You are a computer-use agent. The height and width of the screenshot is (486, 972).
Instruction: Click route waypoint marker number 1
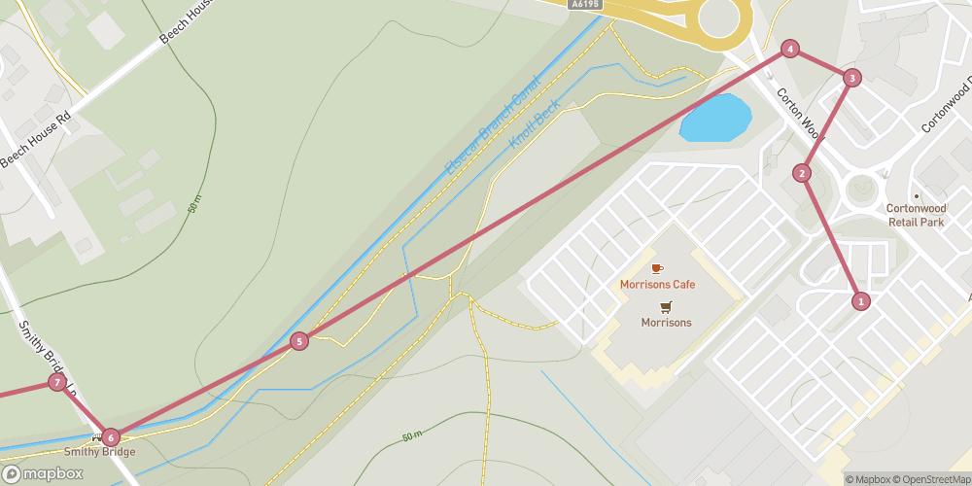click(x=860, y=301)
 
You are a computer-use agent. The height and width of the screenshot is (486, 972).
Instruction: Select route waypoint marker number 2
click(x=802, y=173)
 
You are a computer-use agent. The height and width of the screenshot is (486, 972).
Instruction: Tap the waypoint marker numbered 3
click(x=851, y=78)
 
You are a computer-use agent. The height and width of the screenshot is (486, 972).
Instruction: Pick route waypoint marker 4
click(x=791, y=49)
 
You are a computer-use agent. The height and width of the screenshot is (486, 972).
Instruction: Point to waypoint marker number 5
click(x=298, y=341)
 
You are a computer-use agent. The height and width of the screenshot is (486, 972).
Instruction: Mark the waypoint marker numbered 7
click(x=57, y=382)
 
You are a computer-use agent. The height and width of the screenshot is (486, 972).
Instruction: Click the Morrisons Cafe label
click(x=658, y=284)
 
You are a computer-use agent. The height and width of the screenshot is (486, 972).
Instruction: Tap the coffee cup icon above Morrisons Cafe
click(x=657, y=268)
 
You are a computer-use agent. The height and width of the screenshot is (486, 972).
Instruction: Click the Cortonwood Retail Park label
click(x=916, y=215)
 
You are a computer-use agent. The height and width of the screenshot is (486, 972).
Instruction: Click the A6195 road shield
click(x=586, y=5)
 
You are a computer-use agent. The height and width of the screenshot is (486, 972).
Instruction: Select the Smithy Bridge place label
click(x=99, y=452)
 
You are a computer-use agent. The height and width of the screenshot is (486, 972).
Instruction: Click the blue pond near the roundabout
click(x=716, y=118)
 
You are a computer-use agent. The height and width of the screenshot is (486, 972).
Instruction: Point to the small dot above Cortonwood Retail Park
click(x=916, y=194)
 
